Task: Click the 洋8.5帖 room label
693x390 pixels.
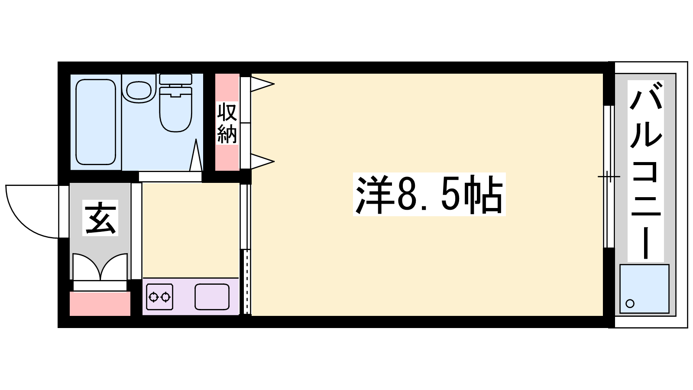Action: (429, 195)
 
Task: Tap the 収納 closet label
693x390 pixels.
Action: (227, 123)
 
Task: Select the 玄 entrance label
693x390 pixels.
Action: (100, 218)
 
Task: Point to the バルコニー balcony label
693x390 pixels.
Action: (645, 171)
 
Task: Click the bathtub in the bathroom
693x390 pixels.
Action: (96, 122)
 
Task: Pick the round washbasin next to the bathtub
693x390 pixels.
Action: (139, 91)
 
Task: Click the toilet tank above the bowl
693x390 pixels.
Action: (175, 79)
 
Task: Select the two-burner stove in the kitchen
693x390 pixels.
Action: (159, 297)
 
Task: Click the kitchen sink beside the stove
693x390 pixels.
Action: (212, 297)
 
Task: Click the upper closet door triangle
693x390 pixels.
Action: (262, 84)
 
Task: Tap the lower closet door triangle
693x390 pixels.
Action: (262, 161)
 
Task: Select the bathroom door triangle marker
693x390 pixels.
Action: (196, 155)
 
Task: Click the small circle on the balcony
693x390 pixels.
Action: (630, 303)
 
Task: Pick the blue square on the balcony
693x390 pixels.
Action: (644, 289)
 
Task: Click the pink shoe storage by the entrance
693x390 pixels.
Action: (100, 304)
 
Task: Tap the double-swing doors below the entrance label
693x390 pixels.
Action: (100, 267)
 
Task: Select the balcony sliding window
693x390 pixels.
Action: (609, 176)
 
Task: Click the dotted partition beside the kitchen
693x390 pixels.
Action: (246, 282)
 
